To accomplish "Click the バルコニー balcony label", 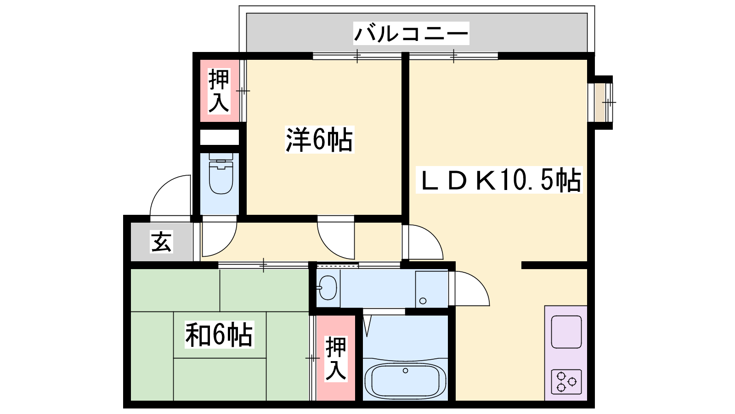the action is click(x=411, y=33).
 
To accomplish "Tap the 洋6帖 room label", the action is click(x=319, y=139).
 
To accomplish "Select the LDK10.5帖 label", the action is click(x=499, y=180).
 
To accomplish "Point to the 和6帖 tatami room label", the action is click(x=219, y=334).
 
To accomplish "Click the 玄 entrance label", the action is click(x=161, y=241).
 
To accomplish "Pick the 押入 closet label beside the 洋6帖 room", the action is click(x=219, y=91).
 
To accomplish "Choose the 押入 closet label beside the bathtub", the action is click(x=336, y=358).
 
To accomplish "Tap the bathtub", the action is click(x=405, y=380).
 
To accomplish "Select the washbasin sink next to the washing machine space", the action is click(x=328, y=287).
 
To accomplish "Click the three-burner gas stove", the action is click(x=566, y=381).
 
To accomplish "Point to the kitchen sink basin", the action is click(x=566, y=332).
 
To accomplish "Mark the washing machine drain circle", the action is click(x=423, y=301).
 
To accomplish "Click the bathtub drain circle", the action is click(x=406, y=371).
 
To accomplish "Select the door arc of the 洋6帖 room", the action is click(x=329, y=247).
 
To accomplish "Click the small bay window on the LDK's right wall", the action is click(x=600, y=102).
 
